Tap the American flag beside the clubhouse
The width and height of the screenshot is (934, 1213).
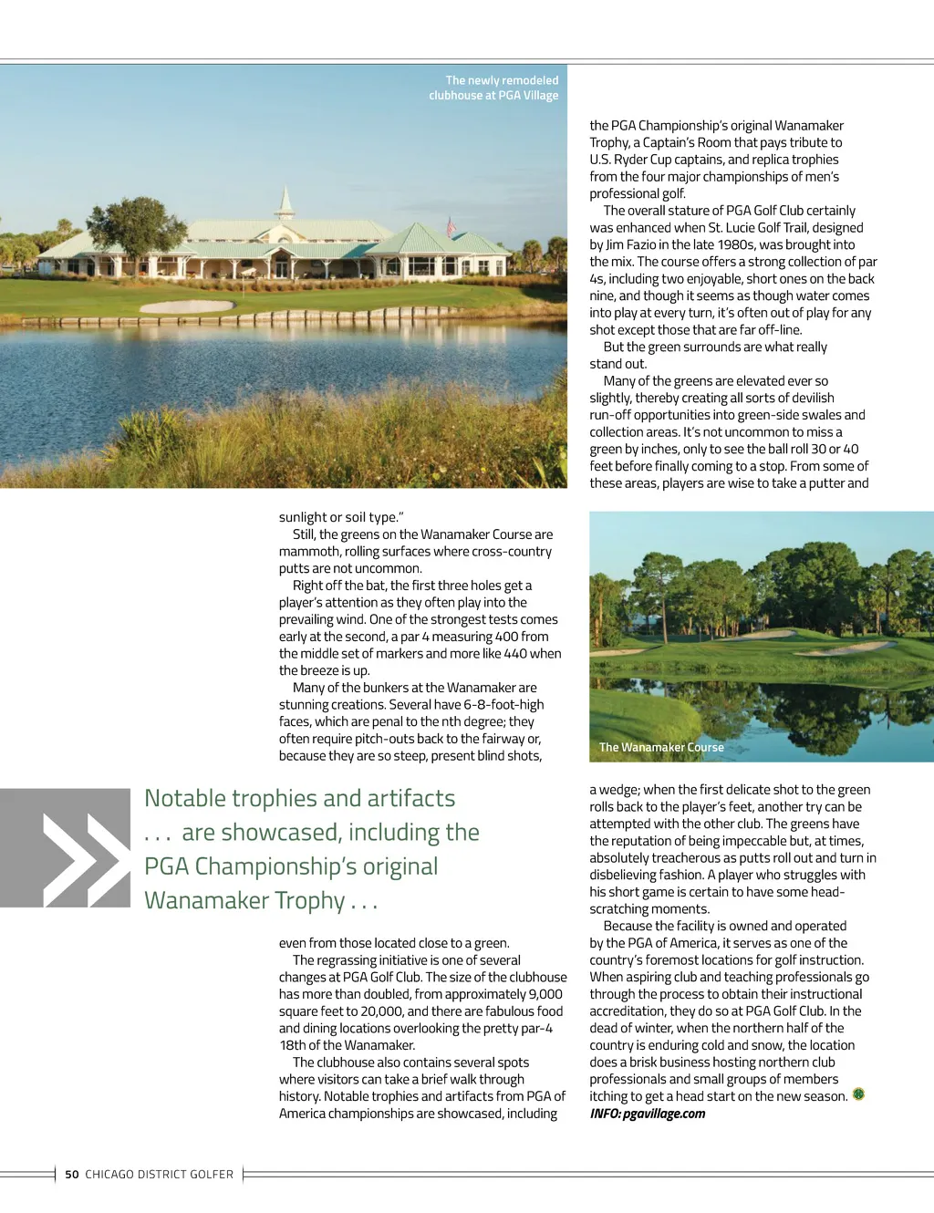450,224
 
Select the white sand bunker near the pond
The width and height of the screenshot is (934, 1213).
187,306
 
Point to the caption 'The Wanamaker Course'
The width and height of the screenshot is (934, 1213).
661,747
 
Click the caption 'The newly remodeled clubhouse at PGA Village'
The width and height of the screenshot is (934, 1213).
493,88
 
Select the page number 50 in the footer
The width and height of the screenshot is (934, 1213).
72,1175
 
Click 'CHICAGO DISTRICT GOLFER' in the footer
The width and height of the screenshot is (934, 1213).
159,1175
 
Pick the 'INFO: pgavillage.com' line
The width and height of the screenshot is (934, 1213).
648,1114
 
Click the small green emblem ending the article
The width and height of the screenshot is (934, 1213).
858,1094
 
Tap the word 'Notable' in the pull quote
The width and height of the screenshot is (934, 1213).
186,799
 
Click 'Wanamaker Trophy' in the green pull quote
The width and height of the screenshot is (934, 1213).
244,901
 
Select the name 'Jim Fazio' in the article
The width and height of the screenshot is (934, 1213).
628,244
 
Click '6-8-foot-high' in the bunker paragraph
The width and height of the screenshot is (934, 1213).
503,705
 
